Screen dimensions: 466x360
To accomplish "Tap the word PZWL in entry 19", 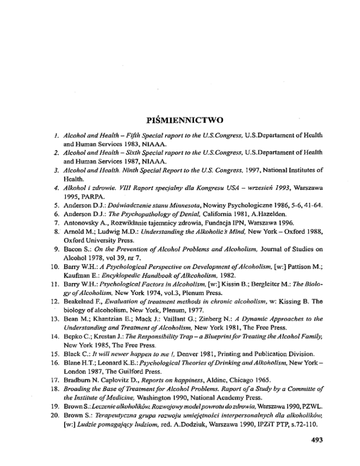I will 317,421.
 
